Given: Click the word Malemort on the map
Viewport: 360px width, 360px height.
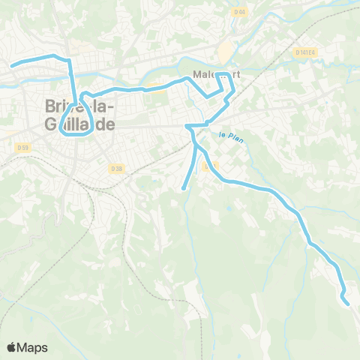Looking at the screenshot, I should click(x=214, y=75).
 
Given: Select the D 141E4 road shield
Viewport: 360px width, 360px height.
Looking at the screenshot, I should click(x=306, y=52).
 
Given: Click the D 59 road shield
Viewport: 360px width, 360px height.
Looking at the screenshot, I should click(x=22, y=148).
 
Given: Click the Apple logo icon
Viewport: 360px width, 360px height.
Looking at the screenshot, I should click(x=12, y=347).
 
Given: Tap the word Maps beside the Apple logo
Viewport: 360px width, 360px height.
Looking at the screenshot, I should click(x=33, y=347).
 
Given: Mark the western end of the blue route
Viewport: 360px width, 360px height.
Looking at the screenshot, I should click(x=12, y=66).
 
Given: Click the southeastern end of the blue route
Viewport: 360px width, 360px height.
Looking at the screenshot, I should click(x=347, y=303).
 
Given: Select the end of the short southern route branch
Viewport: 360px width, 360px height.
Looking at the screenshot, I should click(x=184, y=188).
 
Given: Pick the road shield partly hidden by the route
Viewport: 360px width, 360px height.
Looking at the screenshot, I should click(x=209, y=166).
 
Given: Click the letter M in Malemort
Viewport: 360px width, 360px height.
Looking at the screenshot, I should click(x=197, y=75).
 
